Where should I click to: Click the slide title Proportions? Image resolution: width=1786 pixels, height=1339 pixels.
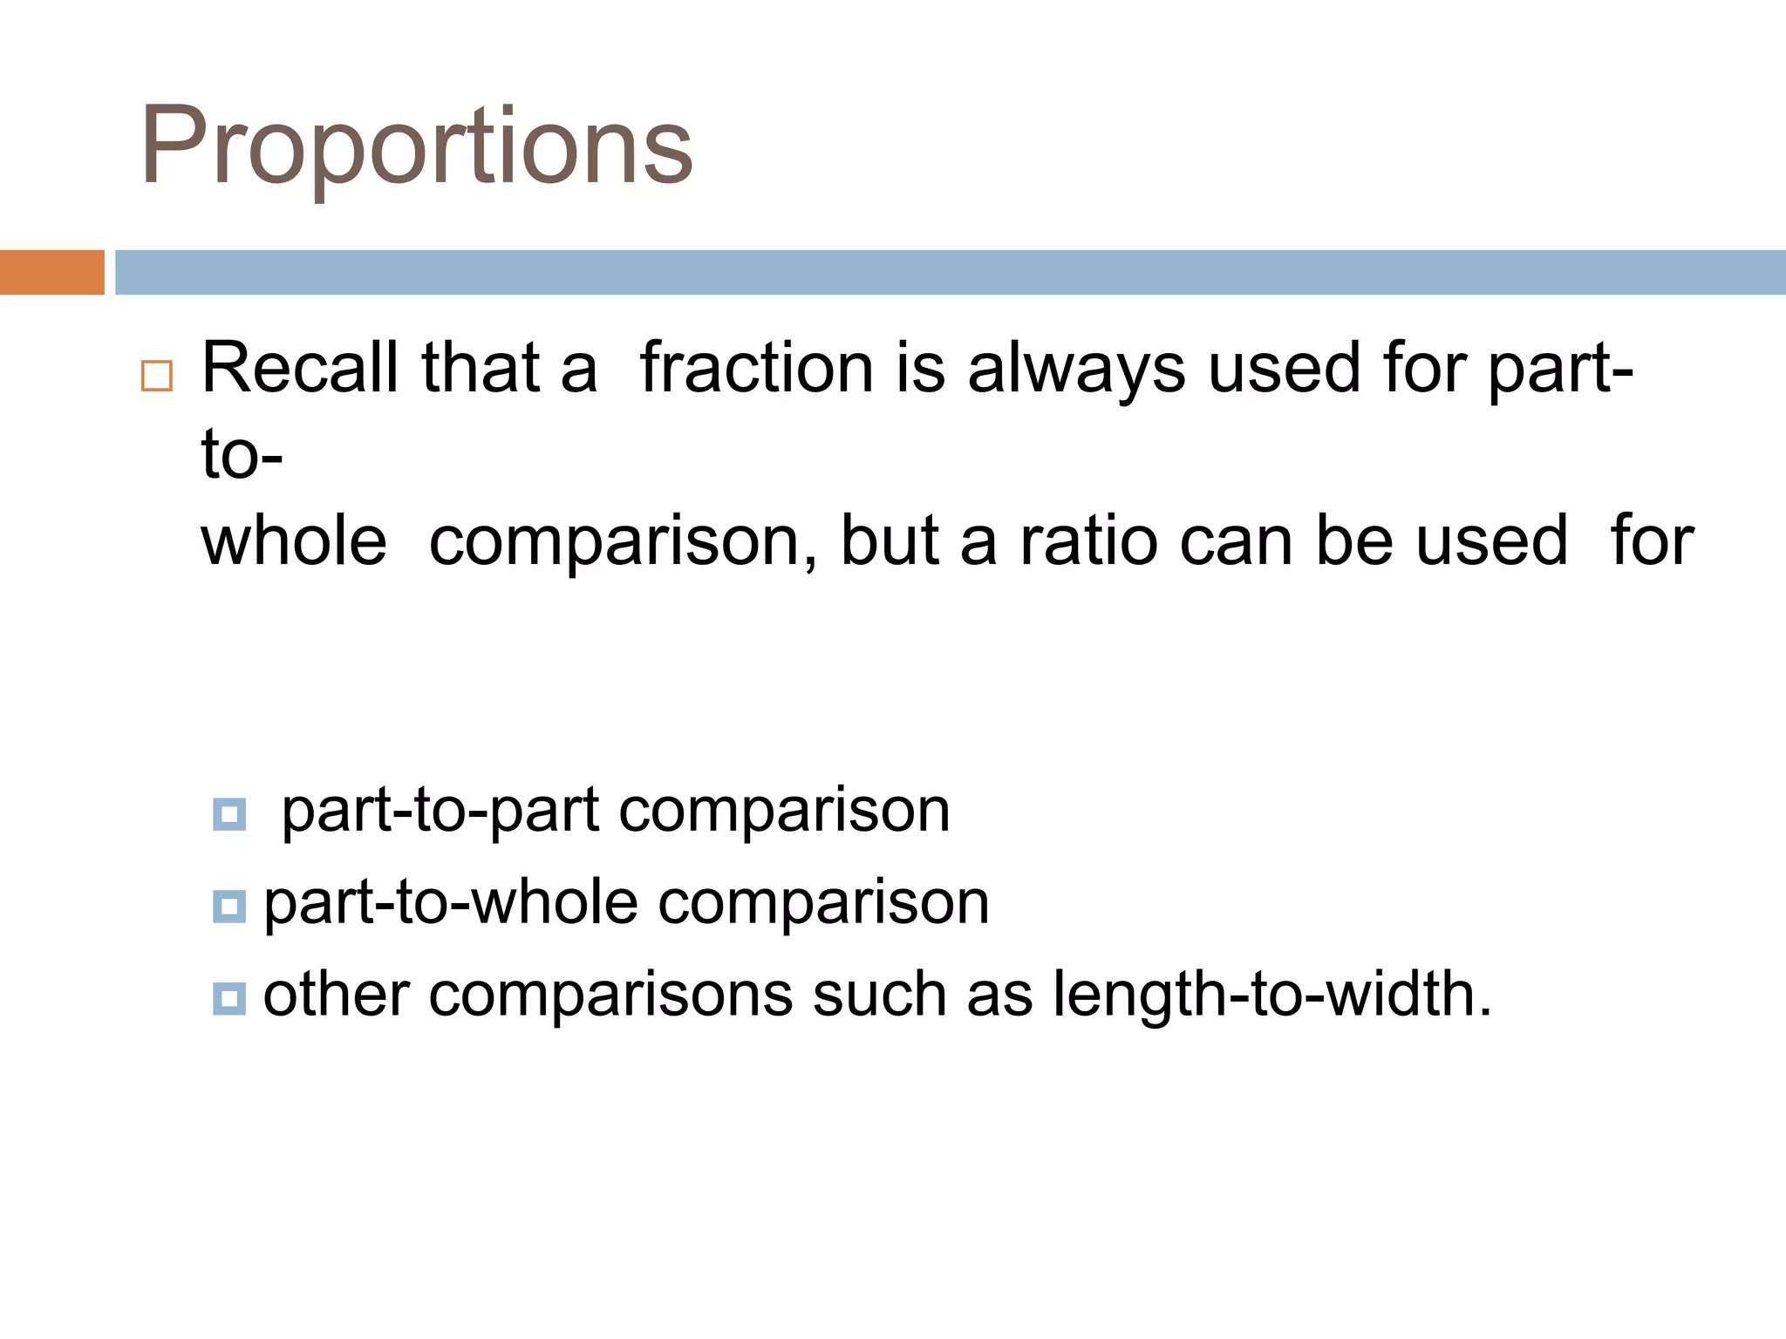coord(416,146)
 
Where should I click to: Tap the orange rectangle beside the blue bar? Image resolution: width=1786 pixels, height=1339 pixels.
coord(51,272)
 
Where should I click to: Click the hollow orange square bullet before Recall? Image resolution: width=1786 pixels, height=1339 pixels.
coord(157,376)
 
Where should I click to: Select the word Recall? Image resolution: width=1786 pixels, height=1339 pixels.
coord(300,367)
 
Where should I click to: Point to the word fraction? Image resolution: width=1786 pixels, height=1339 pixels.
coord(756,367)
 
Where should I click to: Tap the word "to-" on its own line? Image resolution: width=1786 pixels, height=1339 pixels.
coord(242,455)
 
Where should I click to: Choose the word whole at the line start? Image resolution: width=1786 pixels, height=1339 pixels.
coord(294,540)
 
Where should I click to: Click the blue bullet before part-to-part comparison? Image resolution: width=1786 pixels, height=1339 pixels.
coord(229,814)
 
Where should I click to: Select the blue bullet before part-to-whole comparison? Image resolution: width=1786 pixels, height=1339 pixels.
coord(229,907)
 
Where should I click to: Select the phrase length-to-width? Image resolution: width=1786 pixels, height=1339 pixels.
coord(1271,994)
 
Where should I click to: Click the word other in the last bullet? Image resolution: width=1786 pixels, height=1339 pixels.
coord(336,994)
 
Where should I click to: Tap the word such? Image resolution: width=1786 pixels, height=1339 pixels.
coord(879,994)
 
